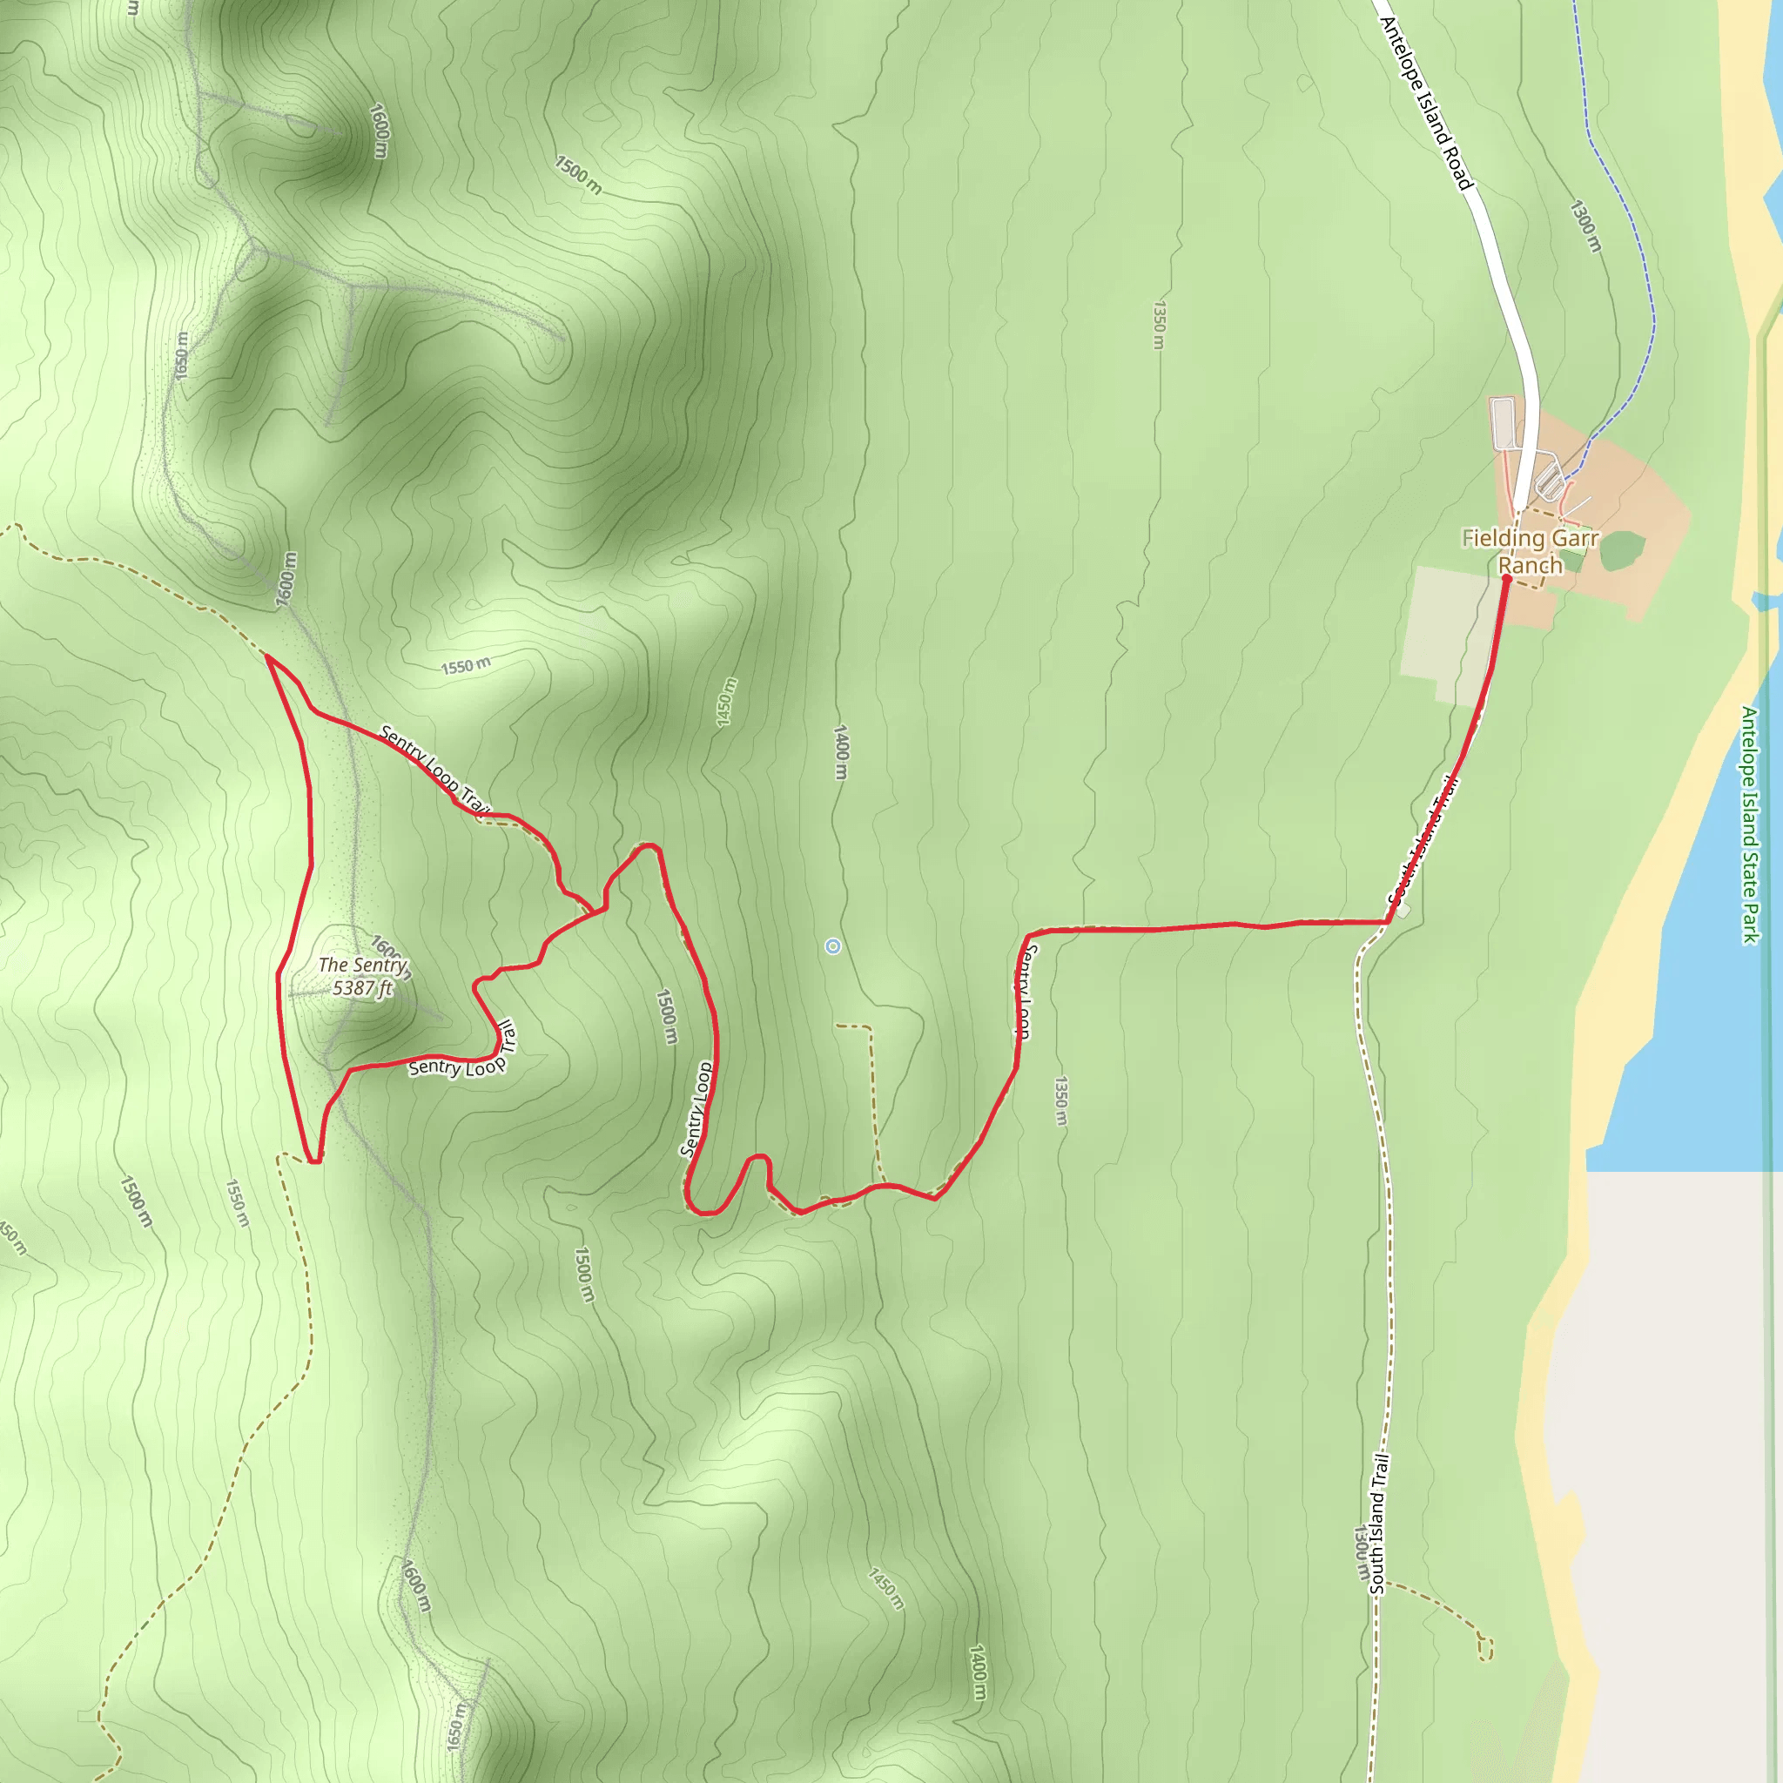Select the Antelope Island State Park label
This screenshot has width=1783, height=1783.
pos(1750,824)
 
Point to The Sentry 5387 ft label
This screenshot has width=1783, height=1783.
pos(362,977)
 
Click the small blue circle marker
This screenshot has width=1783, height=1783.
pos(832,946)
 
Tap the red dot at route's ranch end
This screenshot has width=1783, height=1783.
pos(1506,579)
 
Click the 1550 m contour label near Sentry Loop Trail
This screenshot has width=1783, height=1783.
pos(465,665)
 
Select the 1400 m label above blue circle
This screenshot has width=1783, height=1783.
pos(840,752)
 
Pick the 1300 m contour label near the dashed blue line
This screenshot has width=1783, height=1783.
pos(1585,226)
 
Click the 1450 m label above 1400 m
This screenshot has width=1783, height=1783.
pos(727,703)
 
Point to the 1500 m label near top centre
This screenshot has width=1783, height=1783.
pos(578,175)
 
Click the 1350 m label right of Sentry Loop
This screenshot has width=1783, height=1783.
pos(1061,1100)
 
